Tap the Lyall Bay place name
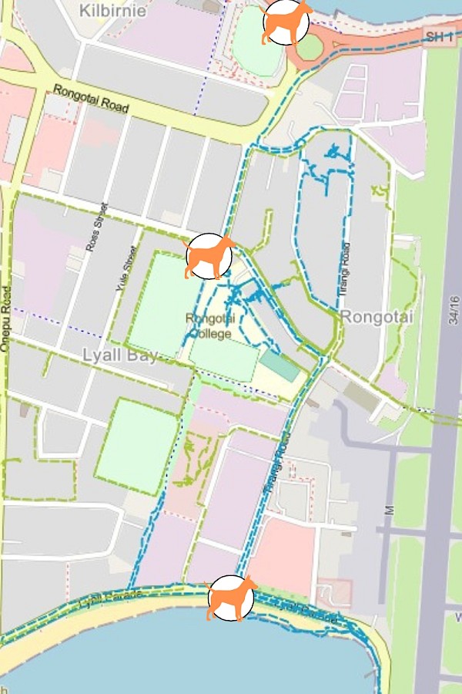pyautogui.click(x=119, y=355)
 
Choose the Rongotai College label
pyautogui.click(x=209, y=326)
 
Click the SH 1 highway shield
pyautogui.click(x=439, y=36)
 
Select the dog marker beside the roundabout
pyautogui.click(x=286, y=23)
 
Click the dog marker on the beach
pyautogui.click(x=231, y=598)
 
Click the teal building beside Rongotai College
pyautogui.click(x=280, y=365)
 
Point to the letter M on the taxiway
pyautogui.click(x=389, y=510)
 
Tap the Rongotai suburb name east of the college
pyautogui.click(x=367, y=316)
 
